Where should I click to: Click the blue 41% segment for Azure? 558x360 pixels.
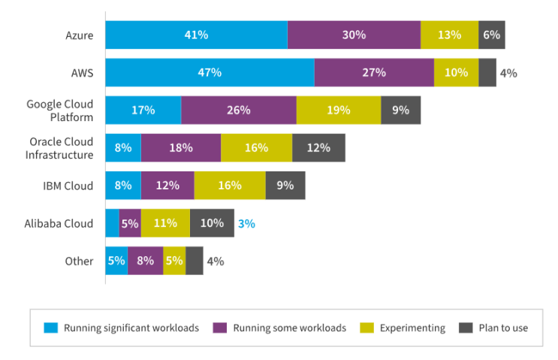tap(197, 35)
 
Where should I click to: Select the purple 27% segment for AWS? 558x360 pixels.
tap(374, 73)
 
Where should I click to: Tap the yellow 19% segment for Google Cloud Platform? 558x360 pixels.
tap(339, 110)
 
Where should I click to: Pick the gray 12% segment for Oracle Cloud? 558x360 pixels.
tap(318, 148)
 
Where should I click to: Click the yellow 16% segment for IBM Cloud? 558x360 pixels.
tap(230, 186)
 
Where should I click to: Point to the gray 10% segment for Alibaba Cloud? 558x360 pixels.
tap(212, 223)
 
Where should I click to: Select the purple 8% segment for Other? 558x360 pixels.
tap(145, 261)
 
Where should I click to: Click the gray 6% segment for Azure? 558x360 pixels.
tap(491, 35)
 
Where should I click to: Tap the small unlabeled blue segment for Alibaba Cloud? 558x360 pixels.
tap(112, 223)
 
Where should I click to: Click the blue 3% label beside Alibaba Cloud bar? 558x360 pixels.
tap(246, 224)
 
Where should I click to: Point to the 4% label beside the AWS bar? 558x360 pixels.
tap(508, 74)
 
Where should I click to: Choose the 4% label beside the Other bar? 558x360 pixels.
tap(216, 262)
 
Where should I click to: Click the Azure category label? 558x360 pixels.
tap(80, 35)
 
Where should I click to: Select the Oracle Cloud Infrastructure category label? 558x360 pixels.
tap(59, 148)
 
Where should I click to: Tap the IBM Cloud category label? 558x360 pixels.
tap(68, 186)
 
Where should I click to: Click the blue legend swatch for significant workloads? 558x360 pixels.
tap(51, 328)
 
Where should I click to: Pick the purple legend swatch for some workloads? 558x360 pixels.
tap(219, 328)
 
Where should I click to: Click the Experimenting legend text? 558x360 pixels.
tap(412, 328)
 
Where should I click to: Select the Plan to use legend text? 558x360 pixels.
tap(503, 328)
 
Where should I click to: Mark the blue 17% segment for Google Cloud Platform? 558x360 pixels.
tap(143, 110)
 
